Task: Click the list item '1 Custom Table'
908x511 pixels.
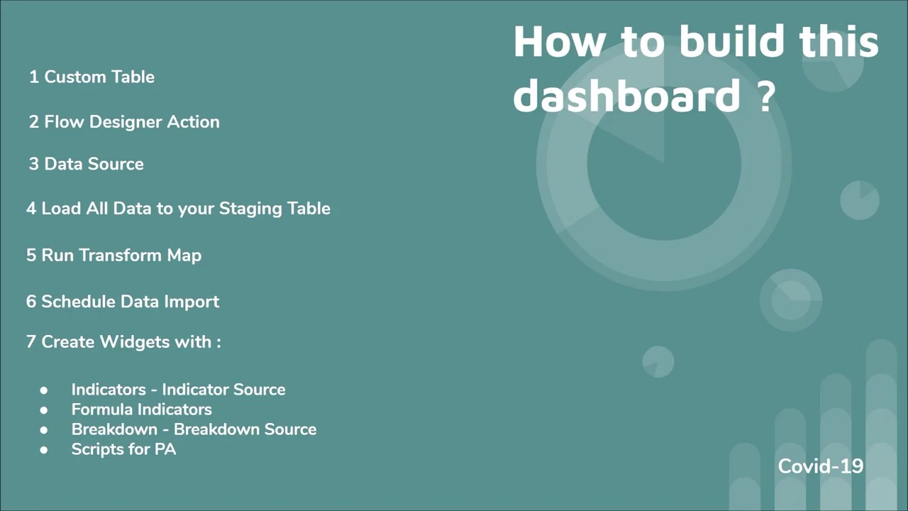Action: tap(92, 77)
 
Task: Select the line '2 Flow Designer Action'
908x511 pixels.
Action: tap(124, 122)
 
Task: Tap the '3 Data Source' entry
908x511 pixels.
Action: tap(86, 164)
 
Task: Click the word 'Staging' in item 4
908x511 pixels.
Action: tap(250, 209)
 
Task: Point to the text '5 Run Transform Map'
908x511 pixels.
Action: tap(113, 255)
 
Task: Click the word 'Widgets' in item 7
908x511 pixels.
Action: tap(130, 342)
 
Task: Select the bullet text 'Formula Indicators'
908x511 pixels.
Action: tap(141, 410)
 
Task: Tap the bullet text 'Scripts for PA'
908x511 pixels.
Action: tap(123, 449)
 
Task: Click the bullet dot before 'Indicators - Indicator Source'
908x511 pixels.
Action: tap(44, 390)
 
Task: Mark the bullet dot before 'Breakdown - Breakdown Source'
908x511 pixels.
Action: tap(44, 430)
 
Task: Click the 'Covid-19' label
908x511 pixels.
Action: tap(821, 466)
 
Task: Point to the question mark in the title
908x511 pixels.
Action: tap(765, 96)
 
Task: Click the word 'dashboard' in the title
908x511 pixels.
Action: tap(626, 96)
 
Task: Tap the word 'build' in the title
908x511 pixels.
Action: tap(731, 42)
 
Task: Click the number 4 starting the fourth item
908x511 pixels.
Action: tap(31, 209)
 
